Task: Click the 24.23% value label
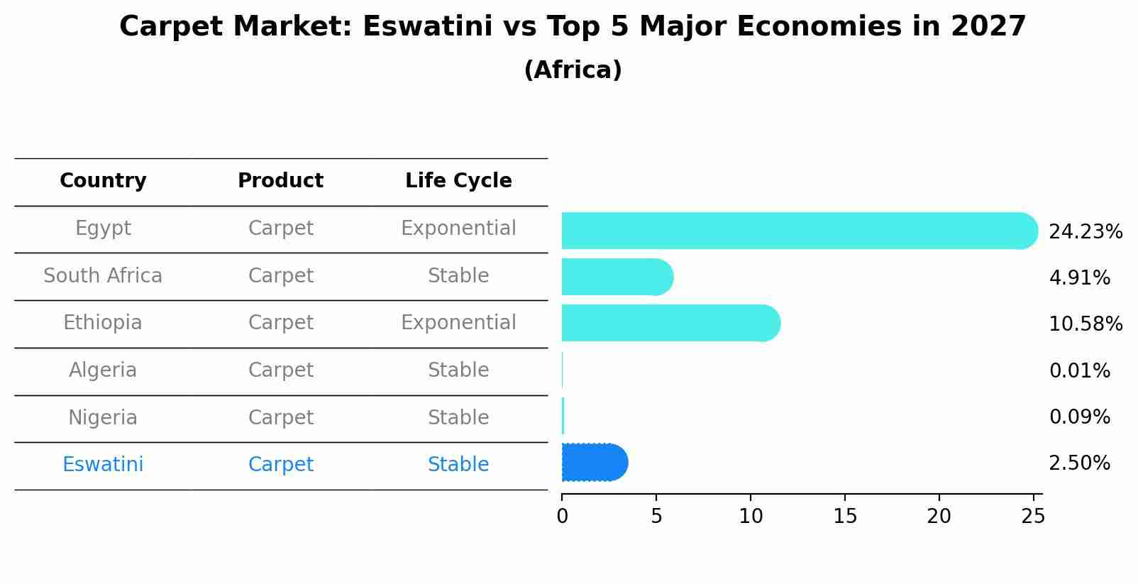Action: (1085, 232)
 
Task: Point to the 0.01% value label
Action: (1079, 370)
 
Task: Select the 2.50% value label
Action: (1079, 463)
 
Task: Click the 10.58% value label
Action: (1085, 324)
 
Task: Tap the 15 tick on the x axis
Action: (845, 517)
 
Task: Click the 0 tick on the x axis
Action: (563, 517)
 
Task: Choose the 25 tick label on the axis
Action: (1033, 517)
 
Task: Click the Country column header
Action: (103, 181)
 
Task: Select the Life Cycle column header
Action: (458, 181)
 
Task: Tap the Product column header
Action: (280, 181)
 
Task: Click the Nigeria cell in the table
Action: (103, 417)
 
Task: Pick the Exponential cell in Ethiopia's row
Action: (458, 323)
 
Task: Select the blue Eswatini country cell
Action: (103, 465)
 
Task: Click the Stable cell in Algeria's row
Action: (458, 370)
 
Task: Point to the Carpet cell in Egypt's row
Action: (280, 228)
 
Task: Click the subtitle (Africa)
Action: (573, 70)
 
